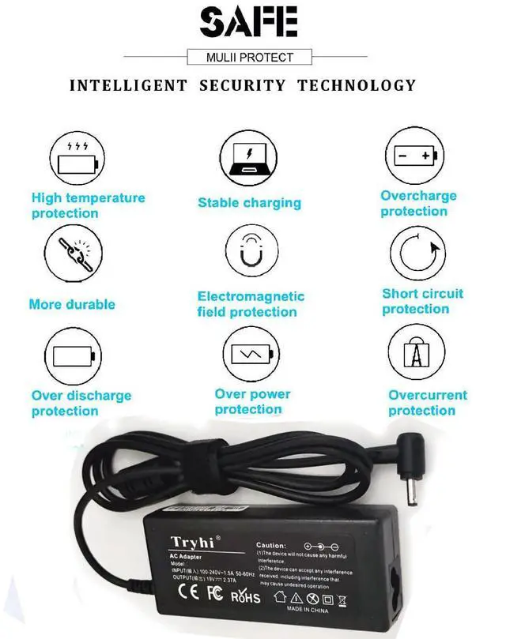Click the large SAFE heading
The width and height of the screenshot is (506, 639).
(x=250, y=22)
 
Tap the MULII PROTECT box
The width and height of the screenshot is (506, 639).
(x=250, y=57)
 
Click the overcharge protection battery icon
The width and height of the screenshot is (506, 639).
(x=415, y=155)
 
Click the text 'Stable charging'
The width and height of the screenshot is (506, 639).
(x=249, y=203)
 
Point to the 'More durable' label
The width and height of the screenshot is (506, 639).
(x=72, y=304)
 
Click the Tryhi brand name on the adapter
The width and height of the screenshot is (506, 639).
(x=192, y=540)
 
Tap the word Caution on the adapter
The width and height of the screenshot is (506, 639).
(x=270, y=546)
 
